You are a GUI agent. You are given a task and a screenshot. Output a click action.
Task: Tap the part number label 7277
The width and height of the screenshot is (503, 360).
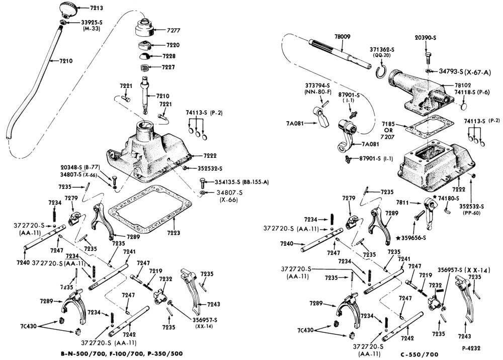[x=174, y=31]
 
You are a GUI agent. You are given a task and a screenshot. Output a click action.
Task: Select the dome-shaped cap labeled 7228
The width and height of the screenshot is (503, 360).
[x=146, y=57]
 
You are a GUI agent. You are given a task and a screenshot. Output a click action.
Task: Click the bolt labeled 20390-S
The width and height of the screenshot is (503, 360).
[x=429, y=59]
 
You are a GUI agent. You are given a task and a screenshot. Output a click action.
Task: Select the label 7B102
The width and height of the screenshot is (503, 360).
[x=462, y=85]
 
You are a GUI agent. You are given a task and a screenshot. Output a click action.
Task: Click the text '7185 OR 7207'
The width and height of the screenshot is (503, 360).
[x=389, y=130]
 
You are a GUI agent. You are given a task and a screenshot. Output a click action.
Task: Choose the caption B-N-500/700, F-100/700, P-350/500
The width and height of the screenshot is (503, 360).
[x=122, y=354]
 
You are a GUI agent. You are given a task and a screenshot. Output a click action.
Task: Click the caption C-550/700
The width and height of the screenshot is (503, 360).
[x=420, y=354]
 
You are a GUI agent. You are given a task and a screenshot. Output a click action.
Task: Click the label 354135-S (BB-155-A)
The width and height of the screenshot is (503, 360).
[x=241, y=182]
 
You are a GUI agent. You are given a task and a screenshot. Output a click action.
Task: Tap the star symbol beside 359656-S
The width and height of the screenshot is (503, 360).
[x=398, y=238]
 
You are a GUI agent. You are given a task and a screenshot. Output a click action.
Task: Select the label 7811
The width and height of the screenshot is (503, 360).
[x=402, y=202]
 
